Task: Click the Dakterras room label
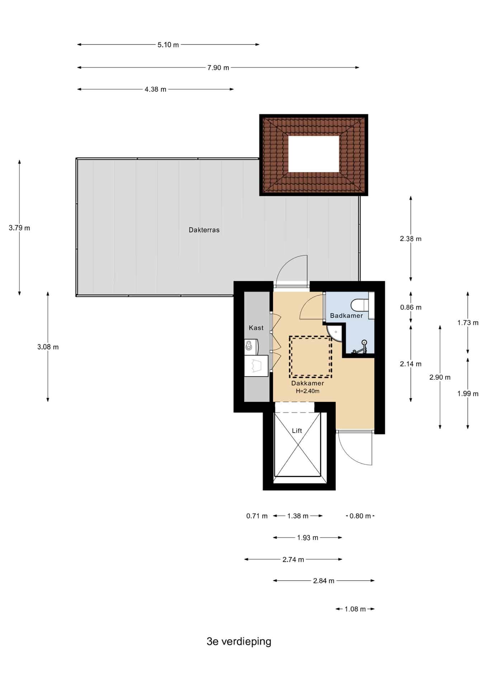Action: point(204,230)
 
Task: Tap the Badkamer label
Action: point(346,316)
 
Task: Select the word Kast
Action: point(256,328)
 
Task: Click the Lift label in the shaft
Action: point(297,431)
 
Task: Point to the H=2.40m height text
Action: point(308,391)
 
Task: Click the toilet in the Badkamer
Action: point(363,305)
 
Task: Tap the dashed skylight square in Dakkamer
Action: point(311,357)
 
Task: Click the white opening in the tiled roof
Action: point(314,154)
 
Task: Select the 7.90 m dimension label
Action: point(218,67)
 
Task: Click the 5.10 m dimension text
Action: point(168,45)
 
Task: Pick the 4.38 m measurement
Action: point(156,89)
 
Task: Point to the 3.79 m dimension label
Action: point(19,228)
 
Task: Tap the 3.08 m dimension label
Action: point(48,347)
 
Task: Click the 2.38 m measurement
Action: point(411,239)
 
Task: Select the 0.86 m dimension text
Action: point(411,307)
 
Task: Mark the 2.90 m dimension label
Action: point(440,377)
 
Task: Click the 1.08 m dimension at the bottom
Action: point(355,609)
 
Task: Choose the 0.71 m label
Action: point(257,516)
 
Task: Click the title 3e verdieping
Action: point(239,642)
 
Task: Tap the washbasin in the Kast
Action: point(249,346)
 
